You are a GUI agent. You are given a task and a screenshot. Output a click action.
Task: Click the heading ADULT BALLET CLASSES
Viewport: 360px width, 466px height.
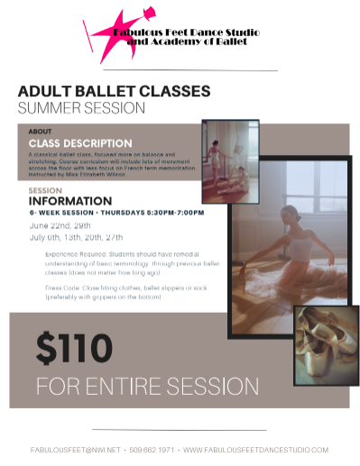coord(114,92)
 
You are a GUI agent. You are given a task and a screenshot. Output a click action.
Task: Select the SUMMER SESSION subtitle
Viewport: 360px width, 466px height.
coord(81,108)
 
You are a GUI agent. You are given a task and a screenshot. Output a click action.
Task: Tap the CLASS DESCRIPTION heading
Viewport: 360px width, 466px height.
coord(80,142)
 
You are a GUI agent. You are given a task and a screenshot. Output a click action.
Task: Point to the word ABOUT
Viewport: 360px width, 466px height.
coord(41,132)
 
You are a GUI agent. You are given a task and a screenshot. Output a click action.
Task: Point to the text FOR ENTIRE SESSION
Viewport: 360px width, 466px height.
coord(147,386)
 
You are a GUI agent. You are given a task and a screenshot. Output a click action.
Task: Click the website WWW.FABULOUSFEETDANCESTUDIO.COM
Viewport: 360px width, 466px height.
coord(255,449)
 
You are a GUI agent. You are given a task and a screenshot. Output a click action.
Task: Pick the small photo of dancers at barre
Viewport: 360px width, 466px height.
coord(230,161)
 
